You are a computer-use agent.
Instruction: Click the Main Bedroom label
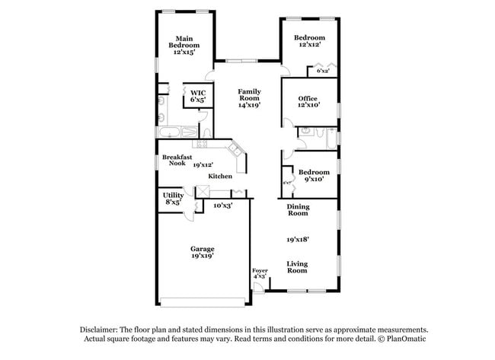coord(183,42)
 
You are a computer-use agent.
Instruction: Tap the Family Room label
coord(249,94)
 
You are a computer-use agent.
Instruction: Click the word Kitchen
coord(220,177)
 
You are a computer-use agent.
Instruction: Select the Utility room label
coord(172,196)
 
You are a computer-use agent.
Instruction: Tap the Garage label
coord(202,249)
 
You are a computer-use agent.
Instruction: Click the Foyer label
coord(260,271)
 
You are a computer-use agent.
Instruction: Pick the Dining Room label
coord(297,210)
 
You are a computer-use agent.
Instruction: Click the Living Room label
coord(297,267)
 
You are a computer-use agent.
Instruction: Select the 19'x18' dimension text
coord(297,239)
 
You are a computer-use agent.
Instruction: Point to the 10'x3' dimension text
coord(223,205)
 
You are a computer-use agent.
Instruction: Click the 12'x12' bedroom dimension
coord(310,46)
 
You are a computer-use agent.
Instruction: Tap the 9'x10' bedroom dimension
coord(314,180)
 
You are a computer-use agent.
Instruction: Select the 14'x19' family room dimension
coord(249,106)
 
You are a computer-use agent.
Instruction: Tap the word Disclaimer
coord(101,329)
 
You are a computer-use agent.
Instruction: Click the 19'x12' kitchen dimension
coord(203,164)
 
